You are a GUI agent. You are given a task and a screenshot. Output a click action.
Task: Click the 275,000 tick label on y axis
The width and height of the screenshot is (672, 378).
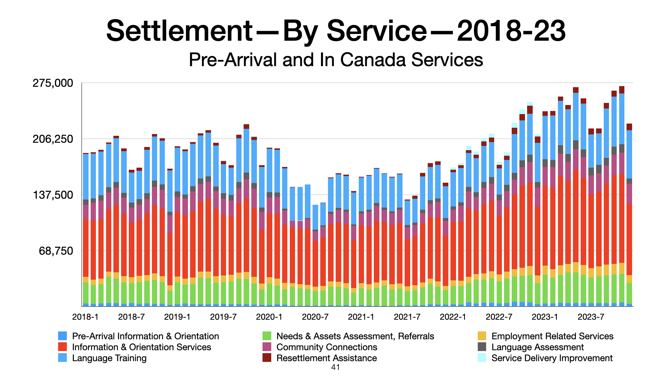[53, 83]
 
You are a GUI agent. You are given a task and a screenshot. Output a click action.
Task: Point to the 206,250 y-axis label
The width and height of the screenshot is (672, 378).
[53, 139]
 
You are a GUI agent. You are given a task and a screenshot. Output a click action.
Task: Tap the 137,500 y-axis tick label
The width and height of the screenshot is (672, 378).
[53, 195]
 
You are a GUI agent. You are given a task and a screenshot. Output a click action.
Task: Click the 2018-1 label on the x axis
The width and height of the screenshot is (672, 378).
[85, 317]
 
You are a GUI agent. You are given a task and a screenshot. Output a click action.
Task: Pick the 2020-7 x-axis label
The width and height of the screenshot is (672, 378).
[315, 317]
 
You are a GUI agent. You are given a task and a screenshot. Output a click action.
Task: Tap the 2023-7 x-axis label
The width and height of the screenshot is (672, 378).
[591, 317]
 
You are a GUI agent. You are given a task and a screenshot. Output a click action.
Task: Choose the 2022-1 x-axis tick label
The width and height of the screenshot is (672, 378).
[453, 317]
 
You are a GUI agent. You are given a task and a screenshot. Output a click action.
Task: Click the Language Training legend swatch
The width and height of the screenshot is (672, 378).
[62, 358]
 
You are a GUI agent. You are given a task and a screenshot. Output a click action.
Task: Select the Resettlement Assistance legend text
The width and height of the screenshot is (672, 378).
[327, 358]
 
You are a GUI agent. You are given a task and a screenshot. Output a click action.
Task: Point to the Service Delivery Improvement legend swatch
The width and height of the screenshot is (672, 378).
[482, 358]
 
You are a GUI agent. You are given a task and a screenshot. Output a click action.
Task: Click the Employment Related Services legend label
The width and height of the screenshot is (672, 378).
[552, 336]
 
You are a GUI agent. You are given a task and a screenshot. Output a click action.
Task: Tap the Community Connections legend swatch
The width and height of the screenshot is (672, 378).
[267, 347]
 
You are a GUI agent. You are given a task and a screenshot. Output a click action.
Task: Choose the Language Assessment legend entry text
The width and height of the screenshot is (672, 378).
[538, 347]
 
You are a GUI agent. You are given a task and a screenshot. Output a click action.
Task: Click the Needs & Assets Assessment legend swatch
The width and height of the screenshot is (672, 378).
[267, 336]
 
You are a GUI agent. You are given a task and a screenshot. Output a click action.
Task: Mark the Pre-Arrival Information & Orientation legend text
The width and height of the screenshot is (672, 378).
[146, 336]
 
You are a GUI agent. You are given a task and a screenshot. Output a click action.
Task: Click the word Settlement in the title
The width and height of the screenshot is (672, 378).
[179, 31]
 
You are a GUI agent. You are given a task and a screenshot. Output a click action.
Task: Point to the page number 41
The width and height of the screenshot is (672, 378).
[335, 367]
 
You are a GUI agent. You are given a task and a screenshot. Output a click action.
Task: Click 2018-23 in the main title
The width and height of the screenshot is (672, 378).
[511, 31]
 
